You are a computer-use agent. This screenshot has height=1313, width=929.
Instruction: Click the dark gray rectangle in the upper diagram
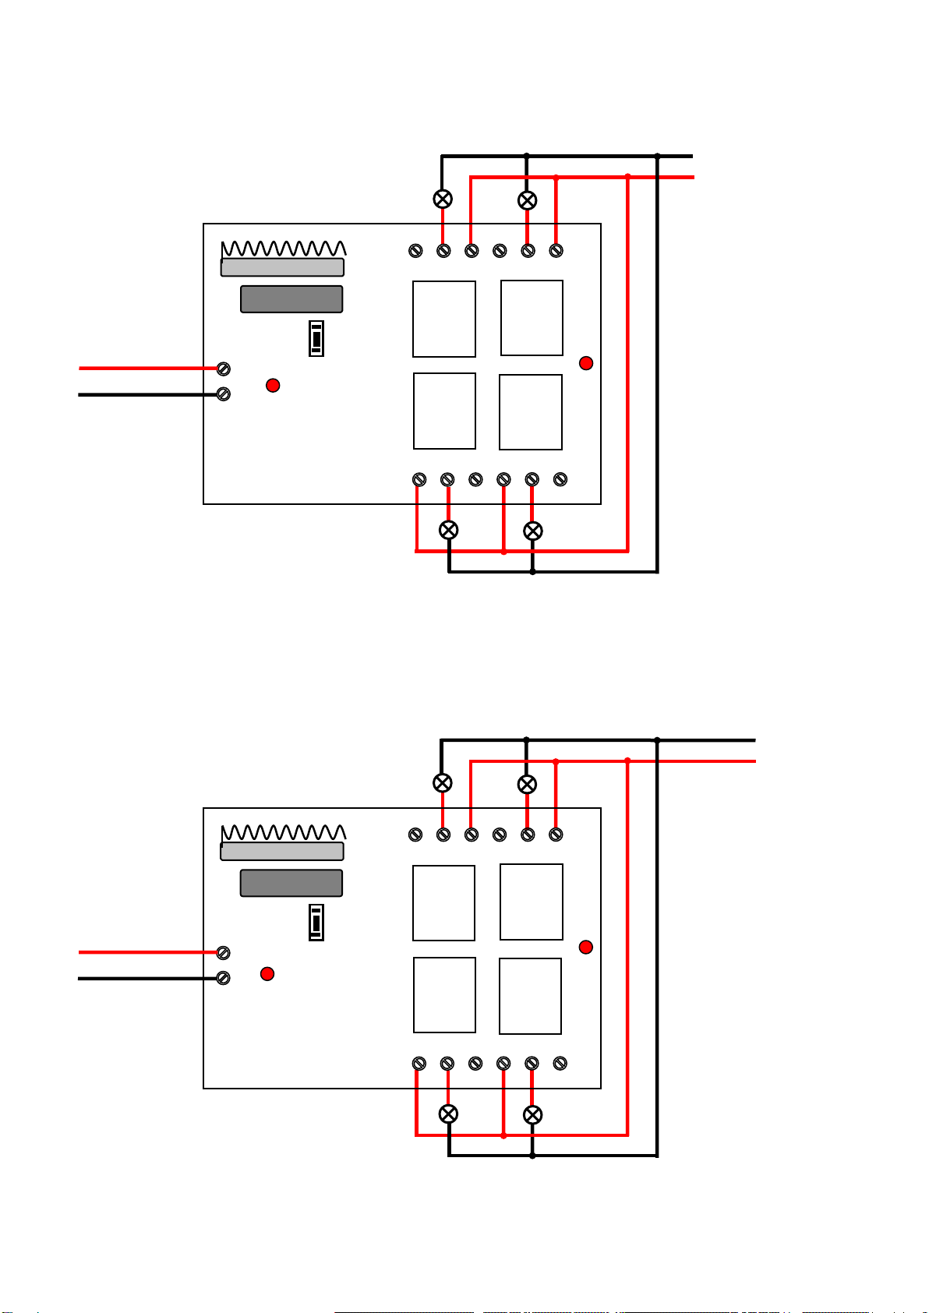tap(291, 299)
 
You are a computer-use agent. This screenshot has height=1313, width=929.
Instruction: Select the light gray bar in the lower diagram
tap(282, 851)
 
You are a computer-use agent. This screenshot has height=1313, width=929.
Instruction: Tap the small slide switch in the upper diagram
tap(316, 339)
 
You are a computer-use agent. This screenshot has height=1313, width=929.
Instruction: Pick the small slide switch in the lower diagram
tap(316, 923)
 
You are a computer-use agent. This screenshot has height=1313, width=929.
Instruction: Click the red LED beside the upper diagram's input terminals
tap(273, 385)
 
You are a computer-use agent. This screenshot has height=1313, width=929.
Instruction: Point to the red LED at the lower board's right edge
tap(586, 947)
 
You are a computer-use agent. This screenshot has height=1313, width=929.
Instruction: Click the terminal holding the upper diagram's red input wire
tap(224, 369)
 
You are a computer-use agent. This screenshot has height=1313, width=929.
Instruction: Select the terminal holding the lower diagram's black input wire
tap(224, 978)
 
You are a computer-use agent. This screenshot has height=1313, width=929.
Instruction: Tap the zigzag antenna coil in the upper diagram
tap(284, 249)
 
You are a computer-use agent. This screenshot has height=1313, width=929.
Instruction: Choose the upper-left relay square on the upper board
tap(444, 319)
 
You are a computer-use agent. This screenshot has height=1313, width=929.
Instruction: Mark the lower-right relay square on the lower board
tap(530, 996)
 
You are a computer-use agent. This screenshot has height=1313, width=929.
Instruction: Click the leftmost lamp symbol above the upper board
tap(443, 199)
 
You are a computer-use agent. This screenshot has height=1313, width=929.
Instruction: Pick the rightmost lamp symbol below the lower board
tap(532, 1114)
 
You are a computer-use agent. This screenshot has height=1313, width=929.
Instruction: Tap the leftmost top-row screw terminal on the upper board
tap(415, 251)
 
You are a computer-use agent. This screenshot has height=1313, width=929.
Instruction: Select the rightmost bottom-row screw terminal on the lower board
tap(560, 1063)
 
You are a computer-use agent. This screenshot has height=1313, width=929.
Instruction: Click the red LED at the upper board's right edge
tap(586, 363)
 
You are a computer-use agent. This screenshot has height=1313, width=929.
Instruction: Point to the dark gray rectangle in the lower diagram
tap(291, 883)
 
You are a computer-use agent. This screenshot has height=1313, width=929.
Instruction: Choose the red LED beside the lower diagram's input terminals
tap(267, 973)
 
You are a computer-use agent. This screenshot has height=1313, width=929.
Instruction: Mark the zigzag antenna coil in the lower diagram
tap(284, 833)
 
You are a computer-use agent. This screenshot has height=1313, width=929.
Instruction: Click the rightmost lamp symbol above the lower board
tap(528, 784)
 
